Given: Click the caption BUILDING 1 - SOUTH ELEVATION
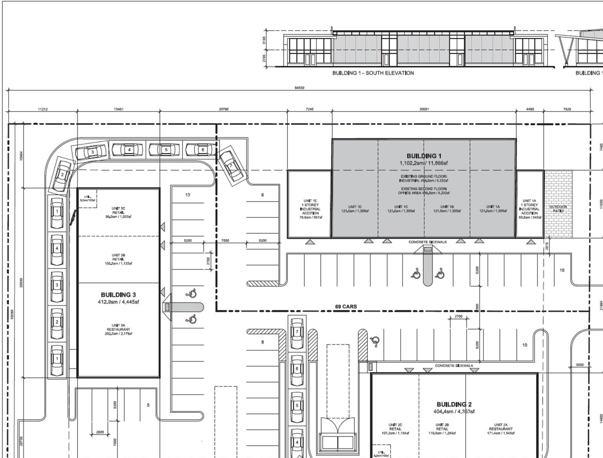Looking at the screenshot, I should [373, 73].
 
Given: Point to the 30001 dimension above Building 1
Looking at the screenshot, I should [424, 109].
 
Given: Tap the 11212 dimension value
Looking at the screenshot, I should [42, 109].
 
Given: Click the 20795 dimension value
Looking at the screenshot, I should [224, 109].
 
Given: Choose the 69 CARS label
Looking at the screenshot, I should [346, 307].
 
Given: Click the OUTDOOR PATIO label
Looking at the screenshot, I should [558, 209].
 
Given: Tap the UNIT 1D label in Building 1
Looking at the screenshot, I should [355, 209].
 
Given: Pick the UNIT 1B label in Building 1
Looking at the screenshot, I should [447, 209].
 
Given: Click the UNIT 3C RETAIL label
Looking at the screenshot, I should [118, 213].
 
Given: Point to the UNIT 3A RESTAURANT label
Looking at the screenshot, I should [118, 329].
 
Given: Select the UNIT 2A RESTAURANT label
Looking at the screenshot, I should [500, 429].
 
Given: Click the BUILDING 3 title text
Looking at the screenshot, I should [118, 295].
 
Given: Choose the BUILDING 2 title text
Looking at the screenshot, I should [454, 404].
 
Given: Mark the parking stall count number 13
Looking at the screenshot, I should [187, 195].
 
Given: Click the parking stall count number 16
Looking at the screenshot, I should [562, 270].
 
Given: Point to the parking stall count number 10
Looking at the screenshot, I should [525, 345].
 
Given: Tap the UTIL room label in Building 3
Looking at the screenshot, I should [88, 198].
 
